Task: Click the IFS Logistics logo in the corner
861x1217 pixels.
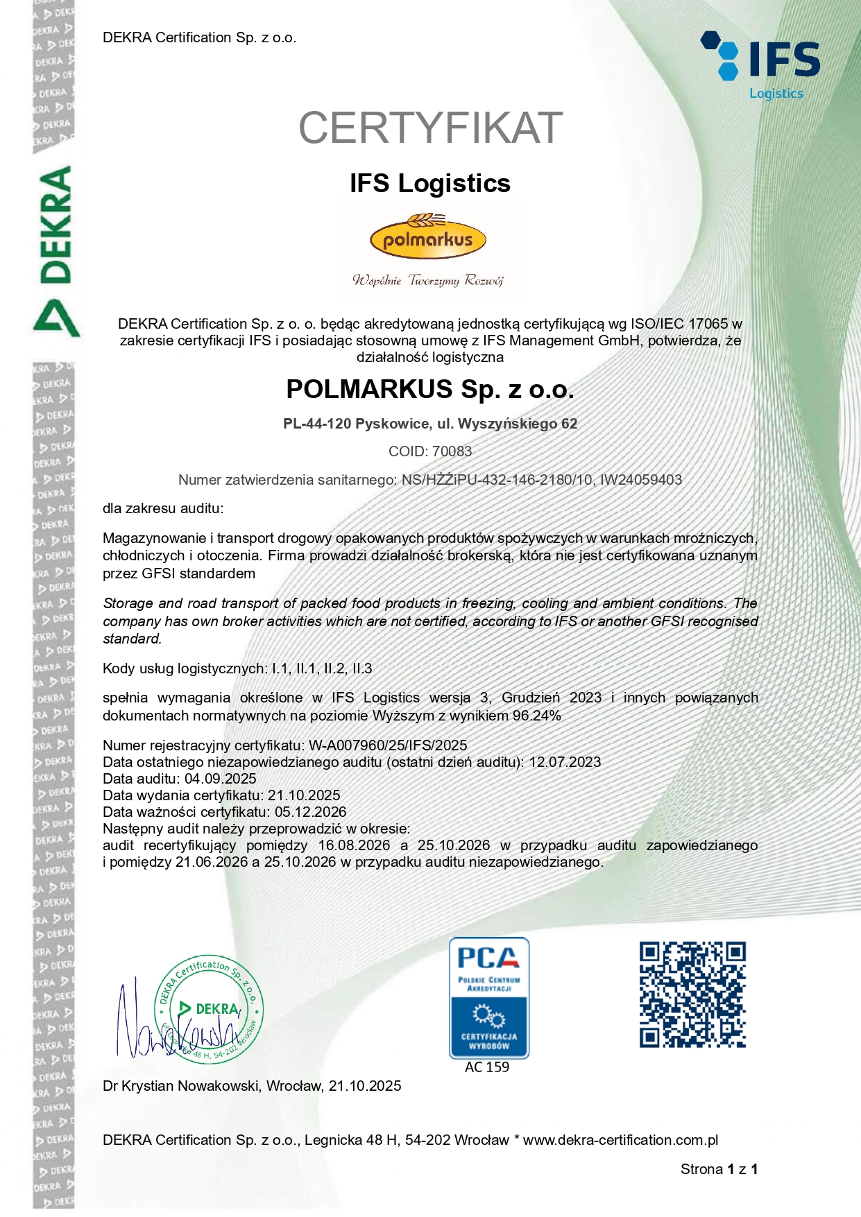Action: tap(762, 64)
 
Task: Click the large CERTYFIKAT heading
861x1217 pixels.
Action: tap(430, 128)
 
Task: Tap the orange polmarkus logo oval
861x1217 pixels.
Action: tap(428, 240)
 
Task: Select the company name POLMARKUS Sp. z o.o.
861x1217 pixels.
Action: tap(430, 390)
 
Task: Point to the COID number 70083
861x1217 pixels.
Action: tap(452, 451)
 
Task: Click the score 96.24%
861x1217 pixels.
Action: tap(536, 716)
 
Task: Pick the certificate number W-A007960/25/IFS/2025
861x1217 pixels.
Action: tap(388, 745)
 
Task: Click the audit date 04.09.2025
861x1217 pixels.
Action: tap(220, 779)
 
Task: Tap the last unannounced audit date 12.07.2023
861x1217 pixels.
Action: tap(565, 762)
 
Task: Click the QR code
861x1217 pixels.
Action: tap(692, 994)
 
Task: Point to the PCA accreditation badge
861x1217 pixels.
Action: tap(488, 997)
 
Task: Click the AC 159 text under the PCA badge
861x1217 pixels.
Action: tap(487, 1067)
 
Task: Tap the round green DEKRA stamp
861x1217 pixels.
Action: tap(208, 1009)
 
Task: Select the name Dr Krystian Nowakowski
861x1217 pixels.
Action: tap(180, 1086)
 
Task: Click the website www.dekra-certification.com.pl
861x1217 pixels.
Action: tap(620, 1140)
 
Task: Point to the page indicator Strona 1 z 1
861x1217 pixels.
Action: tap(719, 1169)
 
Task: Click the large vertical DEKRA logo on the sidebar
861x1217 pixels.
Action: tap(56, 250)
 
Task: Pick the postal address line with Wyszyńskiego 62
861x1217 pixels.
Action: tap(430, 424)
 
